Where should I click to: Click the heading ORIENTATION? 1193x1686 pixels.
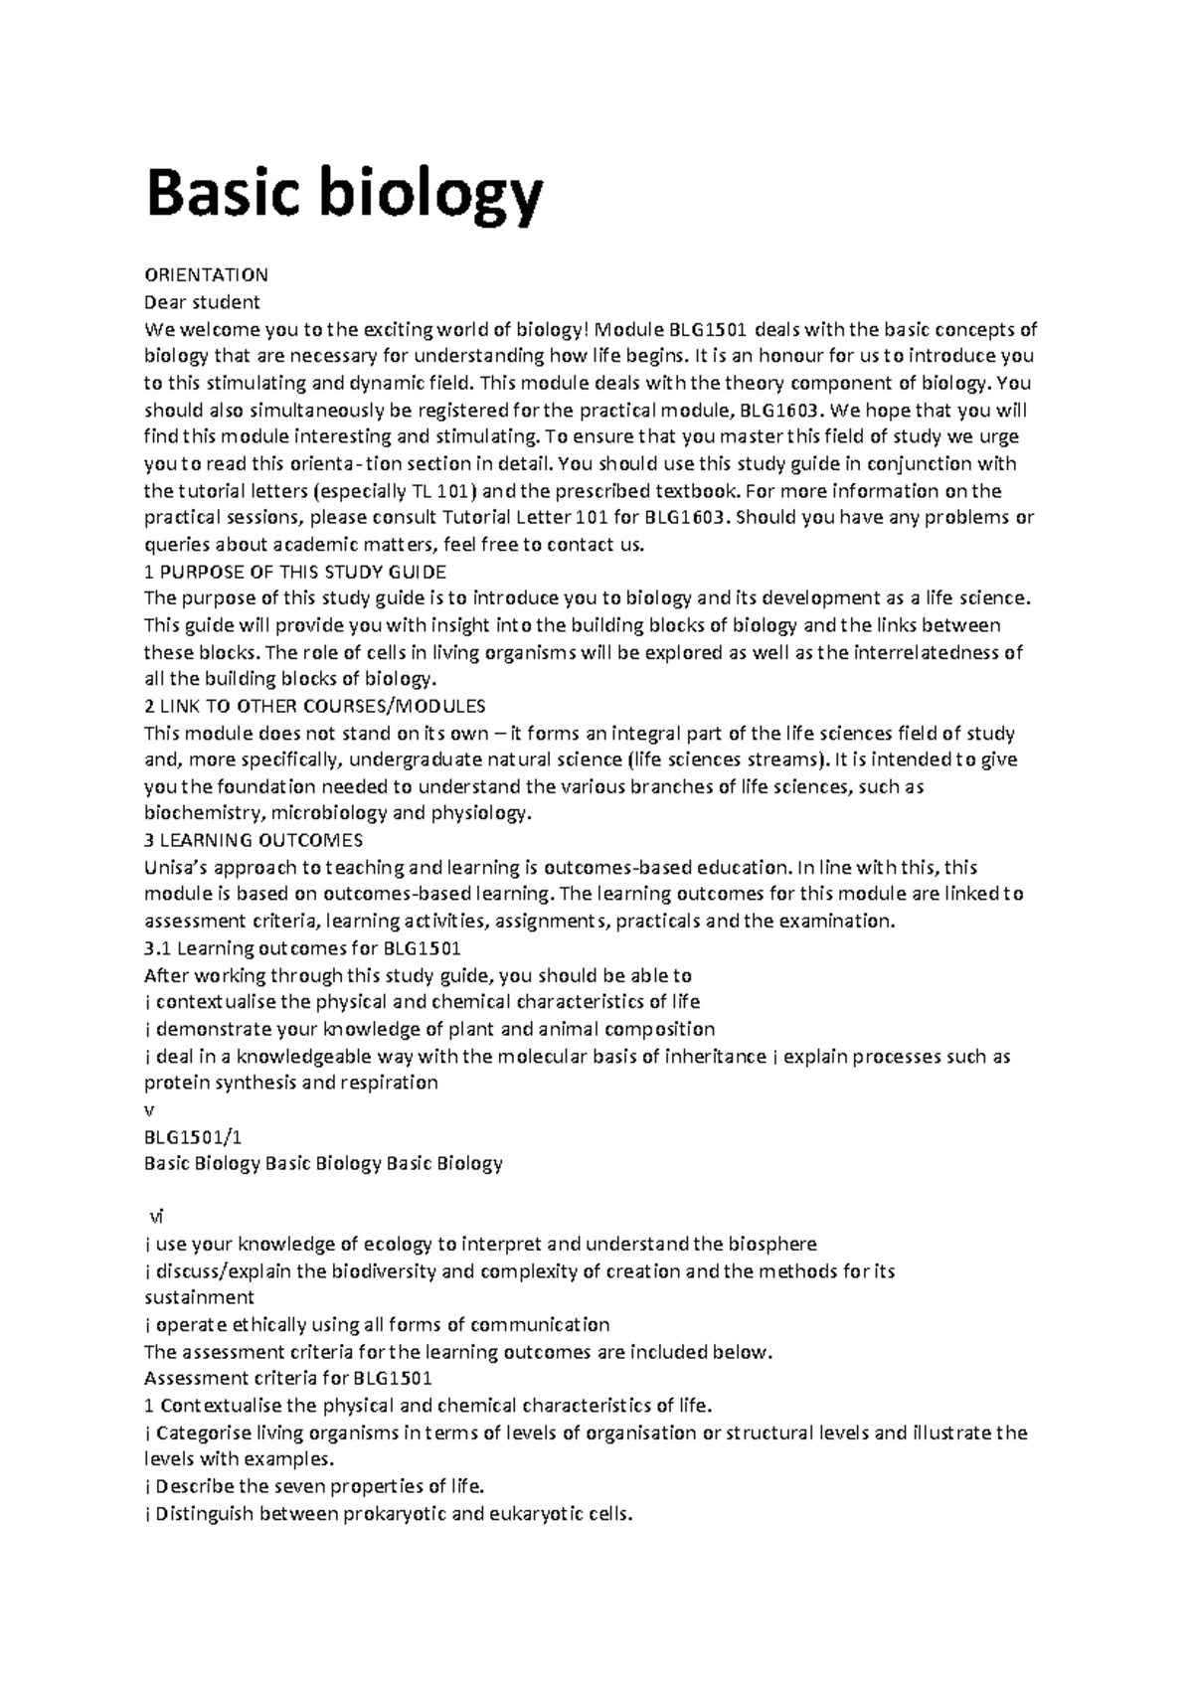[x=206, y=274]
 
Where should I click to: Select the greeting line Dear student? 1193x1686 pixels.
[x=202, y=302]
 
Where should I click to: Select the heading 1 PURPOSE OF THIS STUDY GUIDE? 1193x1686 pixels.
[x=295, y=573]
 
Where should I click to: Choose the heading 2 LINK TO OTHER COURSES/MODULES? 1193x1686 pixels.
[x=315, y=707]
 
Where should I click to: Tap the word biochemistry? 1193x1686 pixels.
[x=202, y=814]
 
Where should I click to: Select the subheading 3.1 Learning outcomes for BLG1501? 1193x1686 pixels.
[x=302, y=948]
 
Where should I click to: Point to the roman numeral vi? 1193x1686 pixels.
[x=155, y=1217]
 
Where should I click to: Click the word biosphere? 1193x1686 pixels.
[x=772, y=1244]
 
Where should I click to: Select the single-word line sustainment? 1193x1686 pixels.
[x=199, y=1297]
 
